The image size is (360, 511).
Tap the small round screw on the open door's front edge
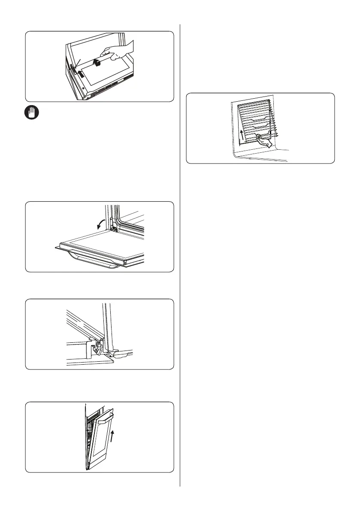click(124, 260)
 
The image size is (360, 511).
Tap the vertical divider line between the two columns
click(180, 257)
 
